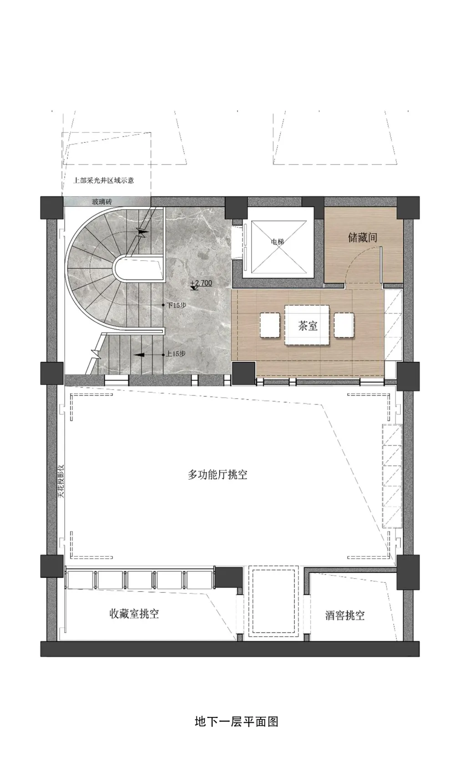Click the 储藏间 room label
pos(362,237)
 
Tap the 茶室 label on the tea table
pos(308,325)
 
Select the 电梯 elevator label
pos(277,242)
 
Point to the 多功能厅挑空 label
pos(217,475)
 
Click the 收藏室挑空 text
pos(134,614)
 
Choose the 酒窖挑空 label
pos(345,616)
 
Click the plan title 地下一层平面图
pos(236,721)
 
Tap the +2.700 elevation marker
pos(201,283)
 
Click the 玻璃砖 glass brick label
pos(102,201)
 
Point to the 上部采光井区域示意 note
pos(104,180)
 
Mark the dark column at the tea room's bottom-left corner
pos(243,373)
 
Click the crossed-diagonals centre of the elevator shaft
pos(277,248)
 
